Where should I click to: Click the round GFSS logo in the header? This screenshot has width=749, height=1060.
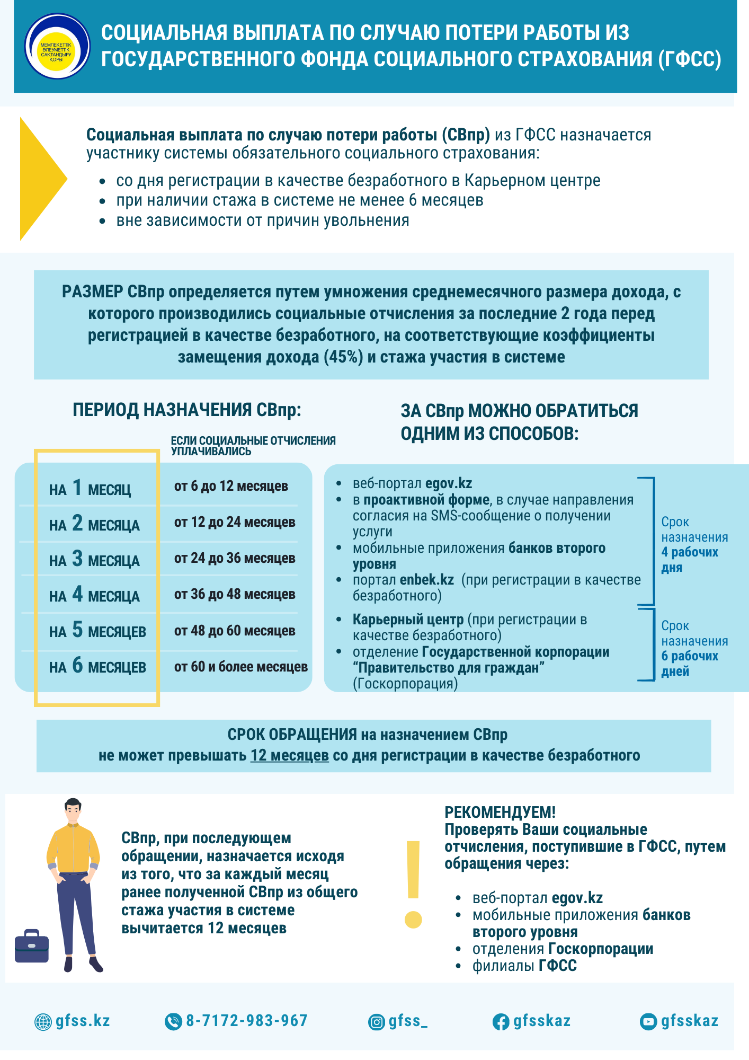(57, 46)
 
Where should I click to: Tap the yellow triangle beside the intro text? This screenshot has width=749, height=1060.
(40, 179)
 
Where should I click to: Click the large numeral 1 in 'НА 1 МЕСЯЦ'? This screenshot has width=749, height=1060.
(77, 487)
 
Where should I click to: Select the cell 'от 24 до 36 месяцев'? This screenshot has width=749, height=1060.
(235, 558)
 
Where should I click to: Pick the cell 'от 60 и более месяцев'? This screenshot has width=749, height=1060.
(241, 667)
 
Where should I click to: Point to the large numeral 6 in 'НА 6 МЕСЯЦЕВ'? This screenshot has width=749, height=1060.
(77, 665)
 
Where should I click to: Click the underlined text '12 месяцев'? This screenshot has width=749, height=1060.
(290, 755)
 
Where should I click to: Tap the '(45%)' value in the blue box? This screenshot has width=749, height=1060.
(343, 357)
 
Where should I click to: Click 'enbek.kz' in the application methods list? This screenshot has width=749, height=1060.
(427, 580)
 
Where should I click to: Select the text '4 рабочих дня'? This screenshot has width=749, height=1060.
(689, 560)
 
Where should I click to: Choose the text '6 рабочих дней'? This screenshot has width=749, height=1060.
(689, 664)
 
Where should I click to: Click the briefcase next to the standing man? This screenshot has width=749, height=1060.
(32, 946)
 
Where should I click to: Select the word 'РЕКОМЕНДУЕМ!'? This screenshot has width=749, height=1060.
(500, 812)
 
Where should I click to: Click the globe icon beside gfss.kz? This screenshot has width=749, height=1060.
(43, 1022)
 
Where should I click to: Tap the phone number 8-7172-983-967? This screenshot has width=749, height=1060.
(246, 1021)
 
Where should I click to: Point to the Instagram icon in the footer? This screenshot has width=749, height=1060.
(377, 1022)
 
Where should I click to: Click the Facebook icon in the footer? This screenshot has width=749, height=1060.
(501, 1022)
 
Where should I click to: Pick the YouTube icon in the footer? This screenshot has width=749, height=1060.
(648, 1022)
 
